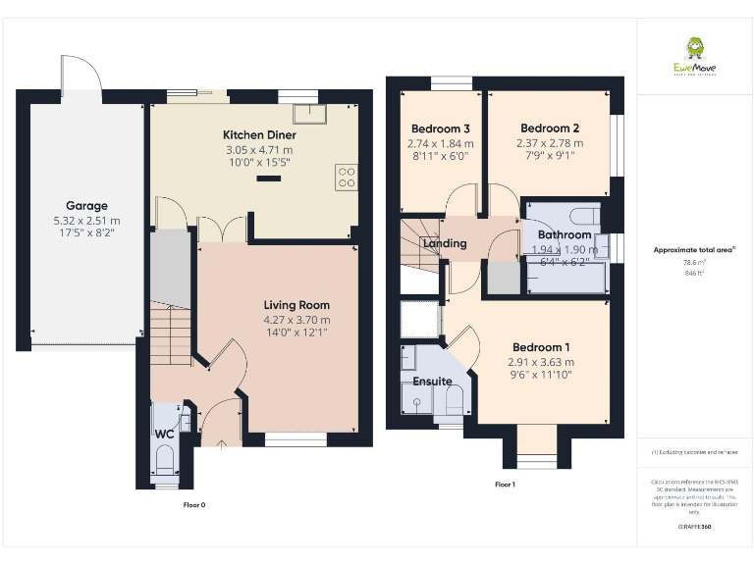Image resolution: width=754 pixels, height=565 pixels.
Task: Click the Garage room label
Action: (x=85, y=206)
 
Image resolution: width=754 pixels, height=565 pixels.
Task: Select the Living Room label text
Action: (x=296, y=305)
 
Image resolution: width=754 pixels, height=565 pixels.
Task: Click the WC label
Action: (x=164, y=434)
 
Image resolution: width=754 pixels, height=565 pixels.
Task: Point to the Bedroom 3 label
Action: (x=440, y=128)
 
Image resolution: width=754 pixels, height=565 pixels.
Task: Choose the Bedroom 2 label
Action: (x=550, y=128)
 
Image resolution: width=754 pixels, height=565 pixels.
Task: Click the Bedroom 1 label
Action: (x=541, y=347)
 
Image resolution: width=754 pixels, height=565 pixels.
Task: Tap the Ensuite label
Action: (x=432, y=381)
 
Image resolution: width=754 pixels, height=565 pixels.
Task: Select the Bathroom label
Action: (x=565, y=235)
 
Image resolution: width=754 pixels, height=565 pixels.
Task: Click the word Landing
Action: (x=444, y=243)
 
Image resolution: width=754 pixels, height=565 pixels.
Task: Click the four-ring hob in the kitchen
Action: (x=347, y=176)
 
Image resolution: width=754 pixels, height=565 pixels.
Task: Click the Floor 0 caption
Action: (x=194, y=504)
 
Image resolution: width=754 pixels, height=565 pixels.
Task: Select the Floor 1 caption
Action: (x=505, y=485)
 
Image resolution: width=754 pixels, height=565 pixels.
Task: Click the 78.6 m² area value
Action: (x=694, y=262)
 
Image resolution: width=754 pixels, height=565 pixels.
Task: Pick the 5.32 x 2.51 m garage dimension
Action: (x=85, y=221)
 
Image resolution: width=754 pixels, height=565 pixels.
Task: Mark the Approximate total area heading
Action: (x=694, y=250)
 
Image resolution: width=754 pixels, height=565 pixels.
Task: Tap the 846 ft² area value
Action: (x=694, y=274)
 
